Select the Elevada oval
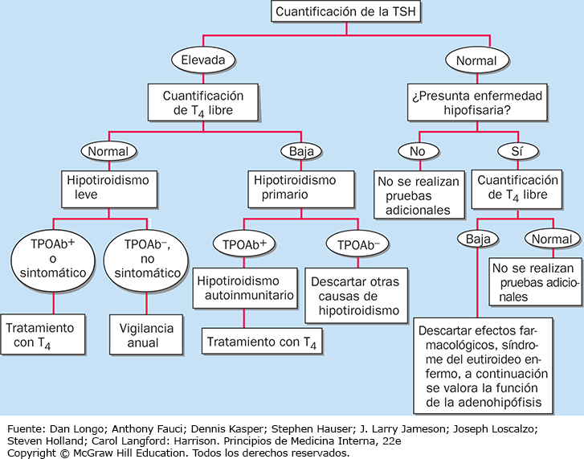[203, 59]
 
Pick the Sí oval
[517, 150]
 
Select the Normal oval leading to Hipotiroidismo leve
[108, 150]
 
